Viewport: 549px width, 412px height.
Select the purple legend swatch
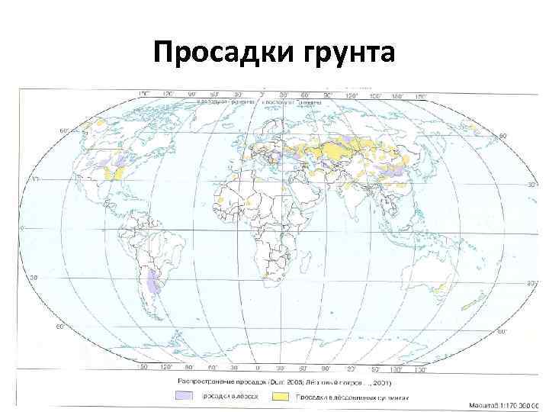tap(184, 396)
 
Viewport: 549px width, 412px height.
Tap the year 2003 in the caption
tap(312, 379)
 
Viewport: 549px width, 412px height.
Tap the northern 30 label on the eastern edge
tap(532, 185)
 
